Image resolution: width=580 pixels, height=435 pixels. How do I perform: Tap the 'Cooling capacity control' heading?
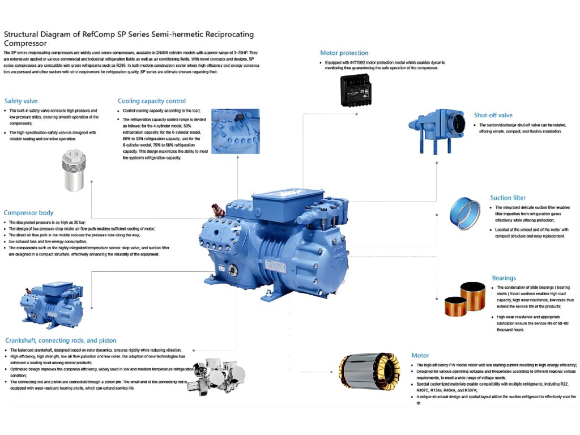point(152,101)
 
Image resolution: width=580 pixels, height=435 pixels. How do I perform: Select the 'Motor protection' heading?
point(344,53)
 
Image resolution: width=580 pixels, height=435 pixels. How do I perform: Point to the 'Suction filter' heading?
point(508,198)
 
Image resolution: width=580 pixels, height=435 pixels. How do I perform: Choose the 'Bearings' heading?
point(504,278)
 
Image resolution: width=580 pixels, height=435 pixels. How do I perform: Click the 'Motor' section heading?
point(420,355)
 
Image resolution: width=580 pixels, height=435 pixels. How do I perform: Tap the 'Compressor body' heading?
point(29,212)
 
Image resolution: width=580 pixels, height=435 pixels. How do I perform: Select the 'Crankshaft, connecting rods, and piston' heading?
point(61,340)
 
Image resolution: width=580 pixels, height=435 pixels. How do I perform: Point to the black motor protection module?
point(362,89)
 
